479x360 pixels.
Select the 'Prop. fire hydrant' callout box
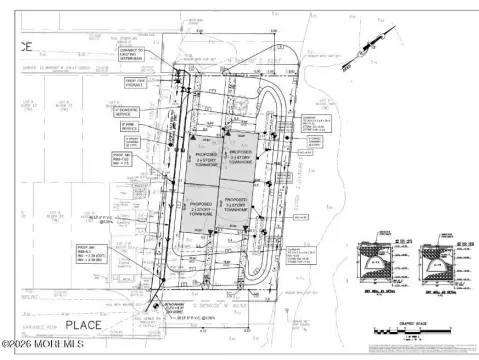coord(129,84)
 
